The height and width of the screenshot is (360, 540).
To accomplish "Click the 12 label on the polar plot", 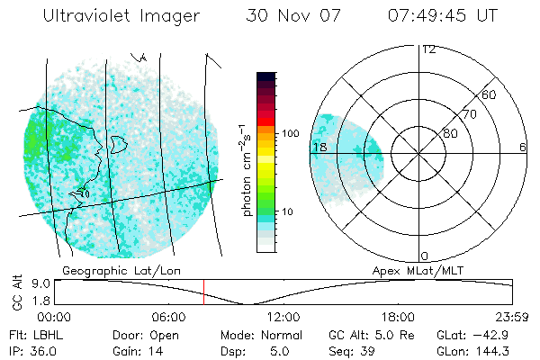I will pyautogui.click(x=428, y=49).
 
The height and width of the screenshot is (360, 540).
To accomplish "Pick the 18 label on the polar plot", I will pyautogui.click(x=319, y=147).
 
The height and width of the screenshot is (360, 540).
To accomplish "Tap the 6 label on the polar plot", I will pyautogui.click(x=523, y=147).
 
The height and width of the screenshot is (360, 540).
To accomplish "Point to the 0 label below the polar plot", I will pyautogui.click(x=426, y=256).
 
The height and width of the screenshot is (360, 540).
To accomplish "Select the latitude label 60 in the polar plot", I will pyautogui.click(x=489, y=94).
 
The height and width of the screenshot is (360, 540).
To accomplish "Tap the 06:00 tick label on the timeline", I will pyautogui.click(x=168, y=318).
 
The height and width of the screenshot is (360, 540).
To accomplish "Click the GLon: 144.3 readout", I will pyautogui.click(x=481, y=350).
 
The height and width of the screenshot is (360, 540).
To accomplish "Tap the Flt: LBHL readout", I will pyautogui.click(x=31, y=335).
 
